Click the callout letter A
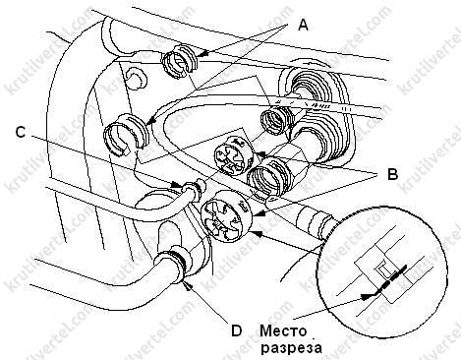click(303, 25)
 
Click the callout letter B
click(392, 174)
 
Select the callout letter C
click(21, 132)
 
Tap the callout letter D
click(236, 330)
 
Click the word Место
click(284, 330)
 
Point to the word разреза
click(291, 348)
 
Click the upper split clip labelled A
click(180, 62)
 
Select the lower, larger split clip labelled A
click(126, 134)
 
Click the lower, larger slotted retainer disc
click(226, 215)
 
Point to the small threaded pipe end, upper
click(277, 121)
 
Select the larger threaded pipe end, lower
click(267, 176)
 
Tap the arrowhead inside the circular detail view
click(366, 296)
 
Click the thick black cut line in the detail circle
click(391, 279)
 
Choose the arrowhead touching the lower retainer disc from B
click(257, 214)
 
